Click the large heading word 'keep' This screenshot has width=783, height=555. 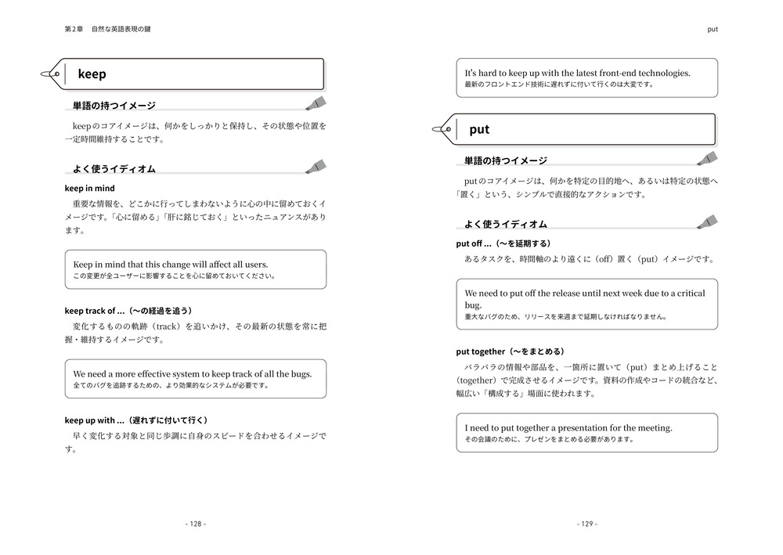92,74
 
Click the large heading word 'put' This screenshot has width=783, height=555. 479,129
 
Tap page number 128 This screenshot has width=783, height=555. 196,524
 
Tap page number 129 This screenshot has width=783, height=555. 586,524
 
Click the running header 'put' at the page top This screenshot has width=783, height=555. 712,29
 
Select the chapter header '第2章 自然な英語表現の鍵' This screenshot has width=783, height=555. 107,29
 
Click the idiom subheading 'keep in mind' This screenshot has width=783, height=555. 89,188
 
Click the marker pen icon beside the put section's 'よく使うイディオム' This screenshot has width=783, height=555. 708,222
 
